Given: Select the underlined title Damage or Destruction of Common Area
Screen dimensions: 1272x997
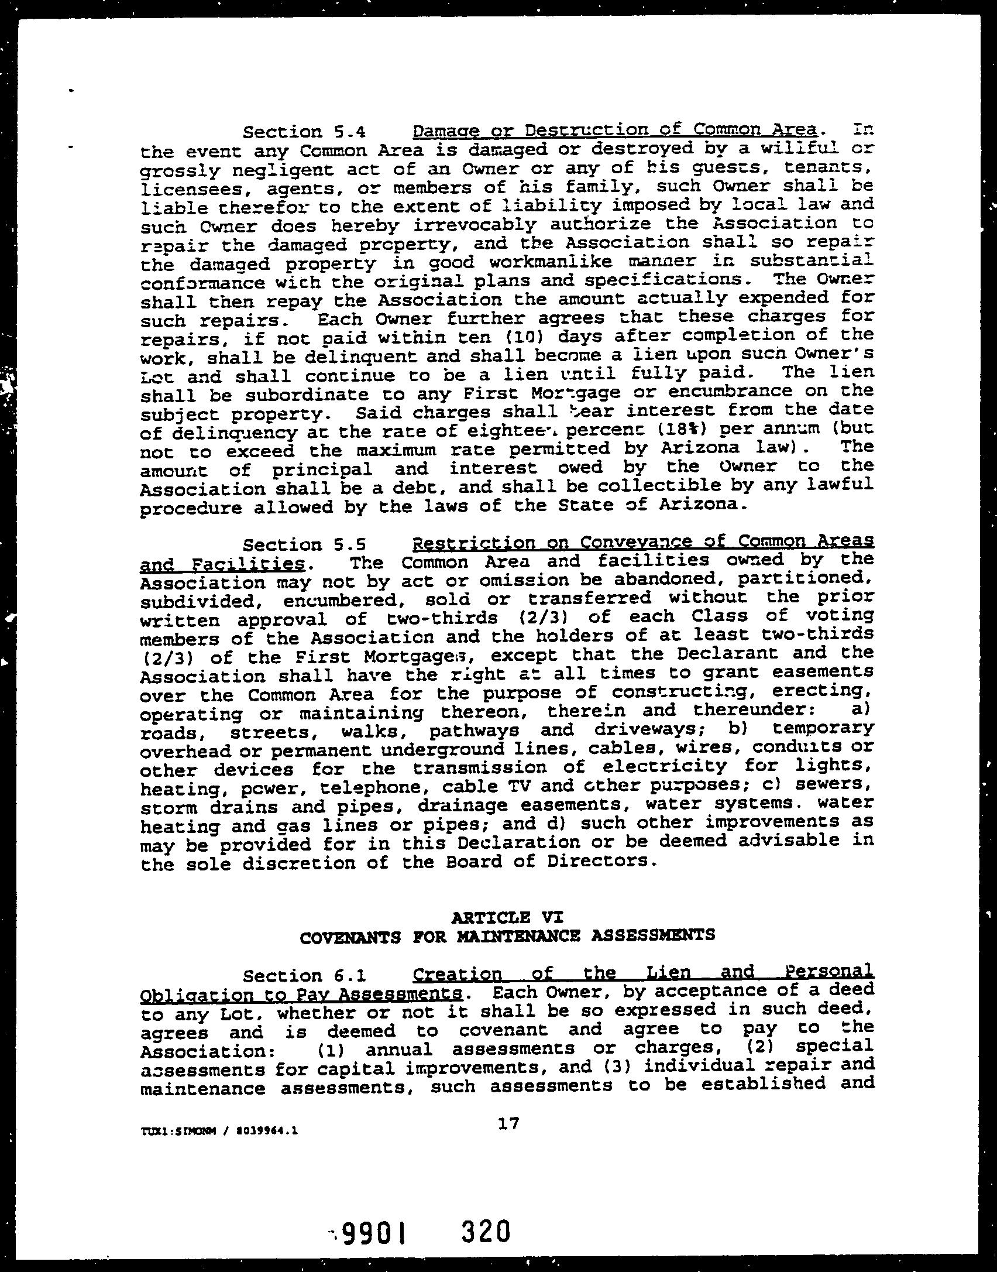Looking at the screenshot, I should click(x=614, y=130).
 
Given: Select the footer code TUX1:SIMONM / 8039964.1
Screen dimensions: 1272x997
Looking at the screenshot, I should click(x=219, y=1131).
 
